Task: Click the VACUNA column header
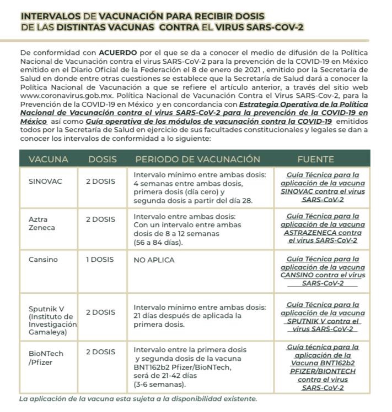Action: [x=49, y=160]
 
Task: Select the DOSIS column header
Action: [x=103, y=160]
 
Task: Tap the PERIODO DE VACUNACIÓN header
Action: [x=197, y=160]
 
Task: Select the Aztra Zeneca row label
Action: [x=42, y=223]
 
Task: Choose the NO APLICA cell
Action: [x=154, y=260]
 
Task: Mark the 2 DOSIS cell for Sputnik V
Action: [x=100, y=312]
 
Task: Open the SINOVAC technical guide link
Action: [x=323, y=187]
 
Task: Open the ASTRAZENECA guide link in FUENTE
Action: [x=323, y=228]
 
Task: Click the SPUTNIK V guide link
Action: [x=323, y=317]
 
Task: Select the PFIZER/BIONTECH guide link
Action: [x=323, y=367]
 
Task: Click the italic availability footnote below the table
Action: [x=138, y=399]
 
